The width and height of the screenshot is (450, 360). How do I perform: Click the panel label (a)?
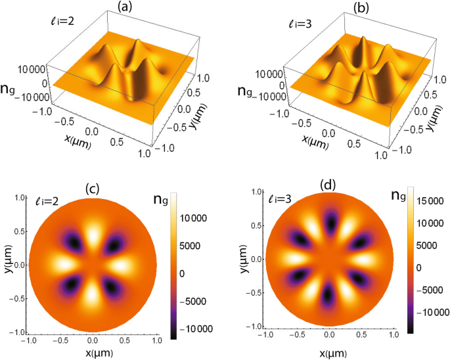[124, 7]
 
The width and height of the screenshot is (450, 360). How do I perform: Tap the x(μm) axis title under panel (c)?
[93, 353]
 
